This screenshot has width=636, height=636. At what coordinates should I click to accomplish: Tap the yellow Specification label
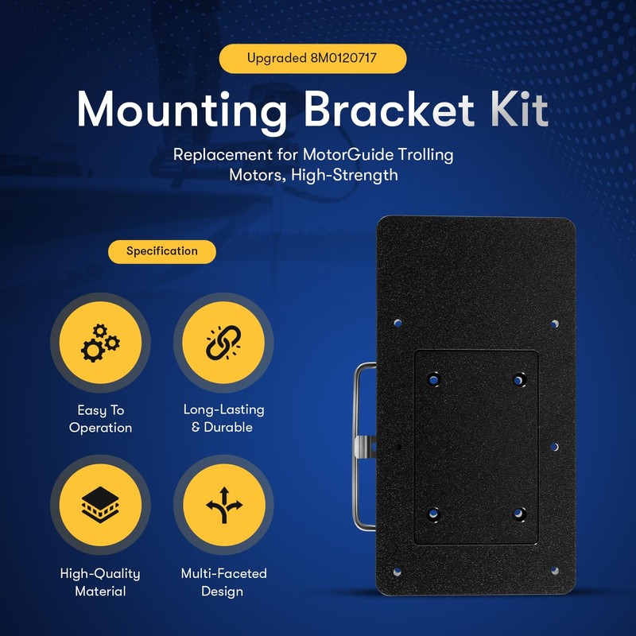pos(162,251)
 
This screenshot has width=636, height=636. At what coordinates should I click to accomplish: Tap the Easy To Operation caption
pos(100,419)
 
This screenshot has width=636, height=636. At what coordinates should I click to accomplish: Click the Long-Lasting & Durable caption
pos(223,418)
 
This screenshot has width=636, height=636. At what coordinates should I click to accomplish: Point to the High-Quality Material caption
pos(100,582)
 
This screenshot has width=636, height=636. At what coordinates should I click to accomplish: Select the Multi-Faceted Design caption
pos(223,582)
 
